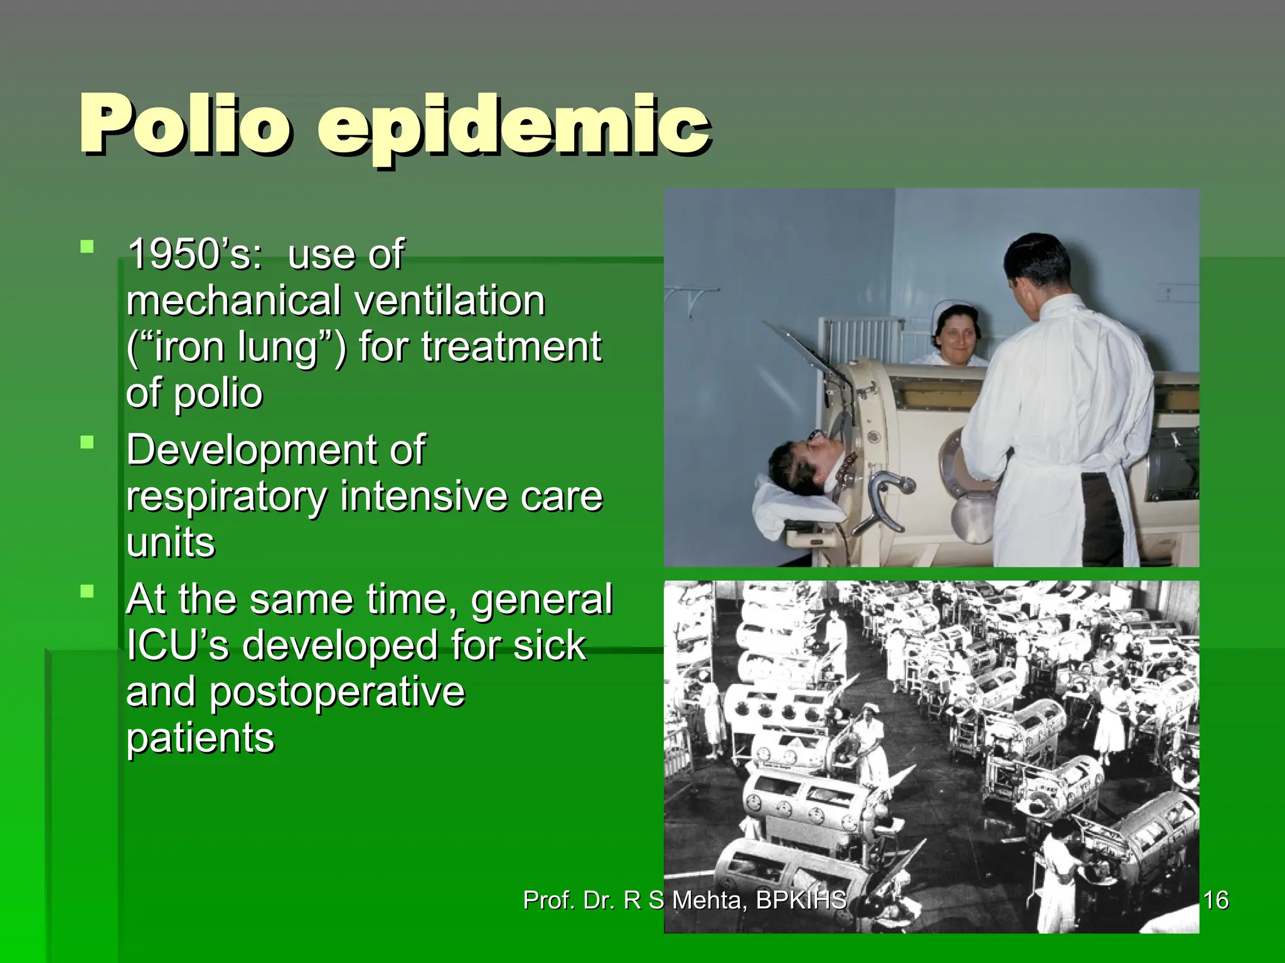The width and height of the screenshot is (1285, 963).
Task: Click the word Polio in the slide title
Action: tap(185, 124)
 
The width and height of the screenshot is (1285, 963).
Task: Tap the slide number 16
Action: tap(1216, 900)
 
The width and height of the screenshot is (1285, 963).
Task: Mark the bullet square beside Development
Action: tap(87, 443)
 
